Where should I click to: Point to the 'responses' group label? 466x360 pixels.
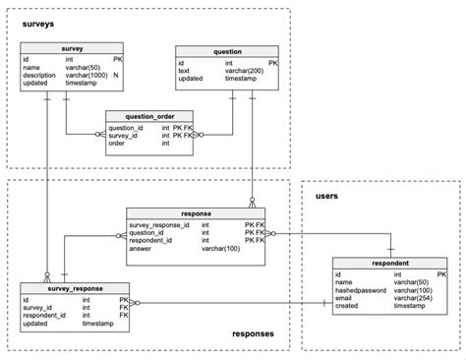pos(253,333)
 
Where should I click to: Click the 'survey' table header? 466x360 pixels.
pos(72,46)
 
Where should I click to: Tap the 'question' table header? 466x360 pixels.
pos(226,51)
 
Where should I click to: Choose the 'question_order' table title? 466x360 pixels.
pos(148,116)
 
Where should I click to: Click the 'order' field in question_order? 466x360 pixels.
pos(117,144)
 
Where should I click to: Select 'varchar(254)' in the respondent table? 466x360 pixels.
pos(414,298)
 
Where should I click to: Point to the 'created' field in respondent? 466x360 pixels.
pos(348,306)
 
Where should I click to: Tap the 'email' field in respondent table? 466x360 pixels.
pos(345,298)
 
